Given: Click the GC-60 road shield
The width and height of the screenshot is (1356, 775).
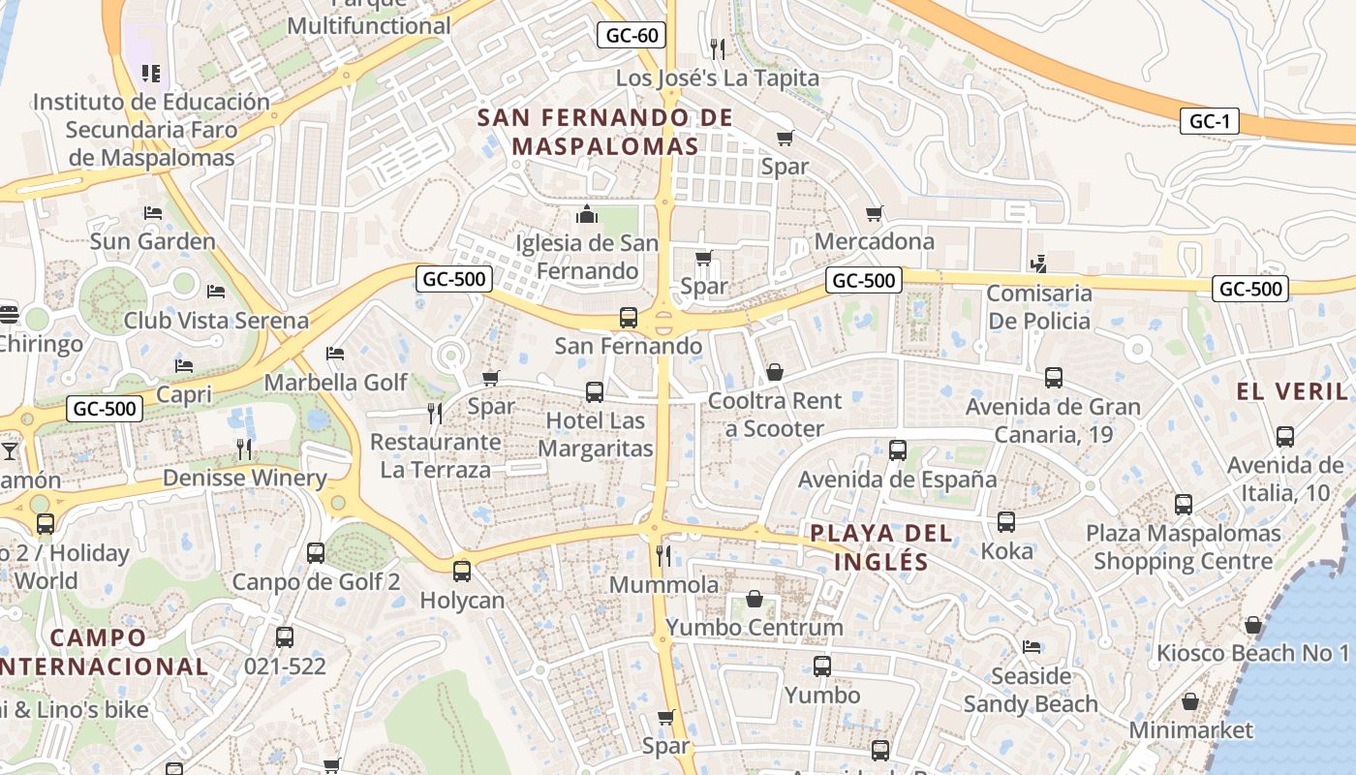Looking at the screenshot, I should coord(632,36).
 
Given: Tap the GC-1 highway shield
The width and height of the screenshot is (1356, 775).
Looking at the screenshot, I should coord(1210,121).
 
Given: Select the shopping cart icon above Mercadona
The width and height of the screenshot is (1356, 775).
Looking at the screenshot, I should coord(875,213).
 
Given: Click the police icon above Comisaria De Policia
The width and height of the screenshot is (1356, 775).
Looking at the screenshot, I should coord(1038,263).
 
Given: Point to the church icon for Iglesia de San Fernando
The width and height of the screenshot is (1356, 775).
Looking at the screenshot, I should coord(587,214).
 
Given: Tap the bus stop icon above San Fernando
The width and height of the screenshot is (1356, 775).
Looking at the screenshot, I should coord(629,317).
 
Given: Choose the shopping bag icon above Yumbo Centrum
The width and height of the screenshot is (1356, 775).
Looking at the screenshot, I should coord(754,599).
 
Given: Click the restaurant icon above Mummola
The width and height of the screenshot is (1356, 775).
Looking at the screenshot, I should coord(663,555).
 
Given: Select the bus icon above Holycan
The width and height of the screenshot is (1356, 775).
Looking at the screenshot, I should coord(462,571).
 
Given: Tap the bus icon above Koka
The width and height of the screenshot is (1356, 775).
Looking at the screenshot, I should coord(1006,522).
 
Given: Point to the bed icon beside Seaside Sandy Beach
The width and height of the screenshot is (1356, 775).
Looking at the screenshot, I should coord(1032,646).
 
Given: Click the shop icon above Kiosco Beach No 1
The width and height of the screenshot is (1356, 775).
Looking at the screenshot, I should coord(1252,625).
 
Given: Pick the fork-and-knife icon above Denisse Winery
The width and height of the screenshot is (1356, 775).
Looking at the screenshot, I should coord(244,449).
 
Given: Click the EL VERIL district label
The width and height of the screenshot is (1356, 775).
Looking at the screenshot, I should coord(1292,391).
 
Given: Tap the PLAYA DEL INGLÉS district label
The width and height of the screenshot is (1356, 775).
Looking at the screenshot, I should coord(881,547).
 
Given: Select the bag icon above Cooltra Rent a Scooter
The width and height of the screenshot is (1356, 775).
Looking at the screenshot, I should coord(774,372).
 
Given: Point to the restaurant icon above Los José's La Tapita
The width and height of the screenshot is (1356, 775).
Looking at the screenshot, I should coord(717,47).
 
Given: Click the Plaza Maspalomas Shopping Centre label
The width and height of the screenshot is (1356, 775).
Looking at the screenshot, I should coord(1183,546).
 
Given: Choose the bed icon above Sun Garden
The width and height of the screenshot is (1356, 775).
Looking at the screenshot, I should coord(153,212).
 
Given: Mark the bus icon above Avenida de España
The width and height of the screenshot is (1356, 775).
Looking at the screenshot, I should coord(898,449).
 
